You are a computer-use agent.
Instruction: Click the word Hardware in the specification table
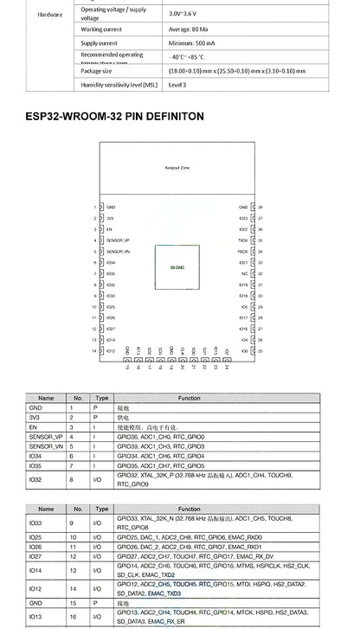[x=50, y=26]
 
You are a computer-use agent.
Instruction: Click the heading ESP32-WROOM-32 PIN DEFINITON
[x=115, y=115]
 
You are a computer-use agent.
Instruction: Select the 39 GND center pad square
[x=177, y=267]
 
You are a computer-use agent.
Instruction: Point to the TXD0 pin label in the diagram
[x=243, y=240]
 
